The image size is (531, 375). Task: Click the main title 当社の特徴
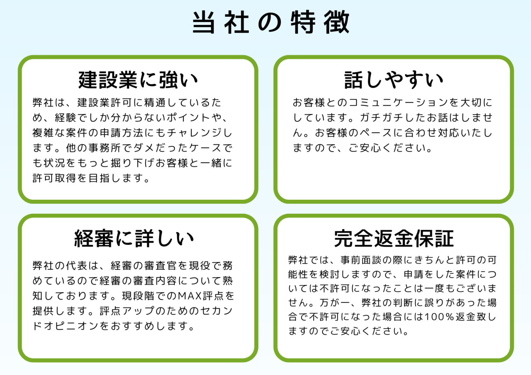coord(270,22)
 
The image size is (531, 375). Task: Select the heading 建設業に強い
coord(138,80)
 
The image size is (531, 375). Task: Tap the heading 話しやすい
coord(394,80)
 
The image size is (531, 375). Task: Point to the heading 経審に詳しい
coord(134,238)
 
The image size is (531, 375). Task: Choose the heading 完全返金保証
coord(394,238)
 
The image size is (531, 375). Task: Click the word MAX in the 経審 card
coord(190,296)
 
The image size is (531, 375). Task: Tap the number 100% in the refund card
coord(439,317)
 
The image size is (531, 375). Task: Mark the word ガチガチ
coord(382,118)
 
